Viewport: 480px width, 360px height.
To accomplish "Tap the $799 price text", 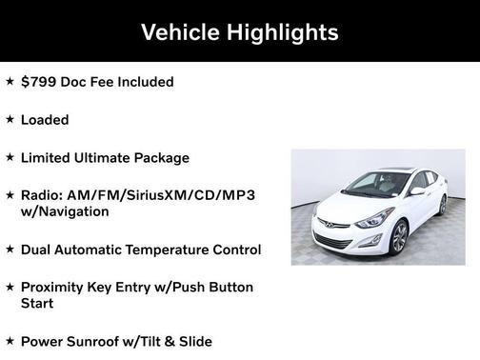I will (x=38, y=82).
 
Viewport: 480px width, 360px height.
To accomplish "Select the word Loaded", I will (x=45, y=120).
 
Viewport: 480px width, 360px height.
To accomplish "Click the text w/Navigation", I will (x=65, y=211).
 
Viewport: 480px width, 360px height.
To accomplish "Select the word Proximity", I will (x=56, y=287).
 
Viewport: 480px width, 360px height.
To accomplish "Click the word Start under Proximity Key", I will (x=37, y=304).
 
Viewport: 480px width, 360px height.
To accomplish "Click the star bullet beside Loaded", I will (x=10, y=119).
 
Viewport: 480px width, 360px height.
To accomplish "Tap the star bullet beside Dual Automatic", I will (x=10, y=249).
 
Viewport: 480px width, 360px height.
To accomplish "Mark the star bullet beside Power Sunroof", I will (x=10, y=340).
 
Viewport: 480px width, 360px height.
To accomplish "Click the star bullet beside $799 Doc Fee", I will (x=10, y=81).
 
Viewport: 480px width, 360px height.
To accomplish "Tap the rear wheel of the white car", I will (x=441, y=204).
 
